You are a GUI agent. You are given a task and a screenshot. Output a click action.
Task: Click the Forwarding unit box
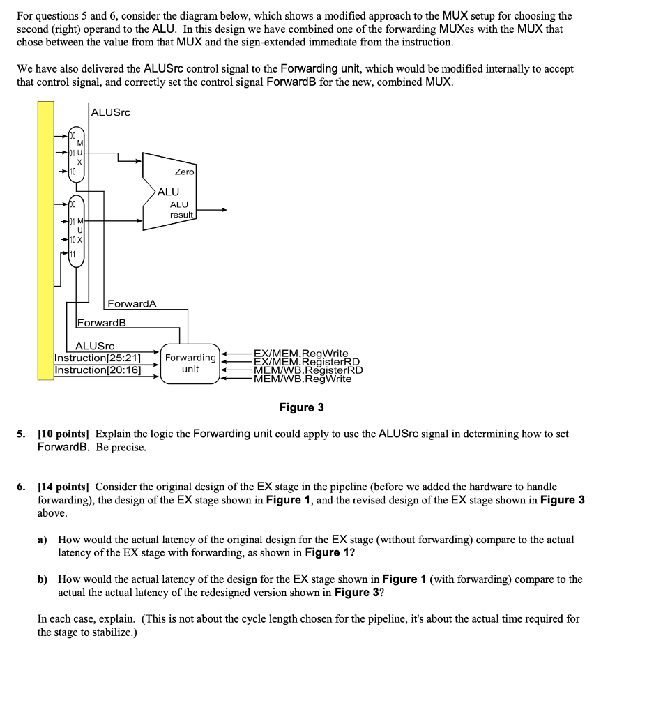190,363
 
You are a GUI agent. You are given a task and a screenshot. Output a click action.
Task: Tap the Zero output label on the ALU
185,172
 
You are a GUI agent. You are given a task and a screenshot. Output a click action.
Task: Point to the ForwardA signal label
132,303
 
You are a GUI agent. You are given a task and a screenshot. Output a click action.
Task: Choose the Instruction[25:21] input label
98,358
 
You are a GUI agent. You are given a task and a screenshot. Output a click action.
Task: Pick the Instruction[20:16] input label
98,370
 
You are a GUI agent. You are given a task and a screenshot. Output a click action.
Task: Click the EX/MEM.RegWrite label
300,354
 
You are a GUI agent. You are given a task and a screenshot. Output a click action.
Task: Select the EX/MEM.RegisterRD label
306,362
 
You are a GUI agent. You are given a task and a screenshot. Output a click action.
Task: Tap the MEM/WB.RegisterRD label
308,370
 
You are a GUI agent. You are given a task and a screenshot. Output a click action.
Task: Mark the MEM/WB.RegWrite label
303,379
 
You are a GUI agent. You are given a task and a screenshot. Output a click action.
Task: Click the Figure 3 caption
301,407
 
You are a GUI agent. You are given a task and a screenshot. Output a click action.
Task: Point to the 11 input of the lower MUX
73,255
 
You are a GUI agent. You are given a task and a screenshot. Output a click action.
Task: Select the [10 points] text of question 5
65,434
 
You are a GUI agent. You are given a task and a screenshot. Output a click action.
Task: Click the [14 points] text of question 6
65,487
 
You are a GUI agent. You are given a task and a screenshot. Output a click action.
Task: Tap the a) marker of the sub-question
43,540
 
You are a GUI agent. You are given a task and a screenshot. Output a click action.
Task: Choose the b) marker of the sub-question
43,579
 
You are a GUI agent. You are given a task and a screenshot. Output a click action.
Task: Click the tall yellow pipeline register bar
45,237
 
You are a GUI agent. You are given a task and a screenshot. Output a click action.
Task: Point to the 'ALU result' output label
181,209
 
